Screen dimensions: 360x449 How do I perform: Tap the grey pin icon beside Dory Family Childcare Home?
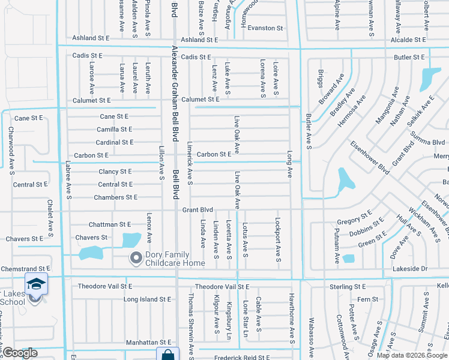136,259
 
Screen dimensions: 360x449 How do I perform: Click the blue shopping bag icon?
167,355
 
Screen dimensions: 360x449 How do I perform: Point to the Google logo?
19,353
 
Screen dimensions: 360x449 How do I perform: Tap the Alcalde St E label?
408,39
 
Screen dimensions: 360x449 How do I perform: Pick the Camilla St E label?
115,129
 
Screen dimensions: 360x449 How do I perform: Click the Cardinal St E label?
115,142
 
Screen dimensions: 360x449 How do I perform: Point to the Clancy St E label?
115,172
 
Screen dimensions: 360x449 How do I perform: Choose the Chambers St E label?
115,197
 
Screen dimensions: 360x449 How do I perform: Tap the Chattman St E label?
109,224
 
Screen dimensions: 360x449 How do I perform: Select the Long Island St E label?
148,299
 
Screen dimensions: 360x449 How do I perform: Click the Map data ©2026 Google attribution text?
412,355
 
